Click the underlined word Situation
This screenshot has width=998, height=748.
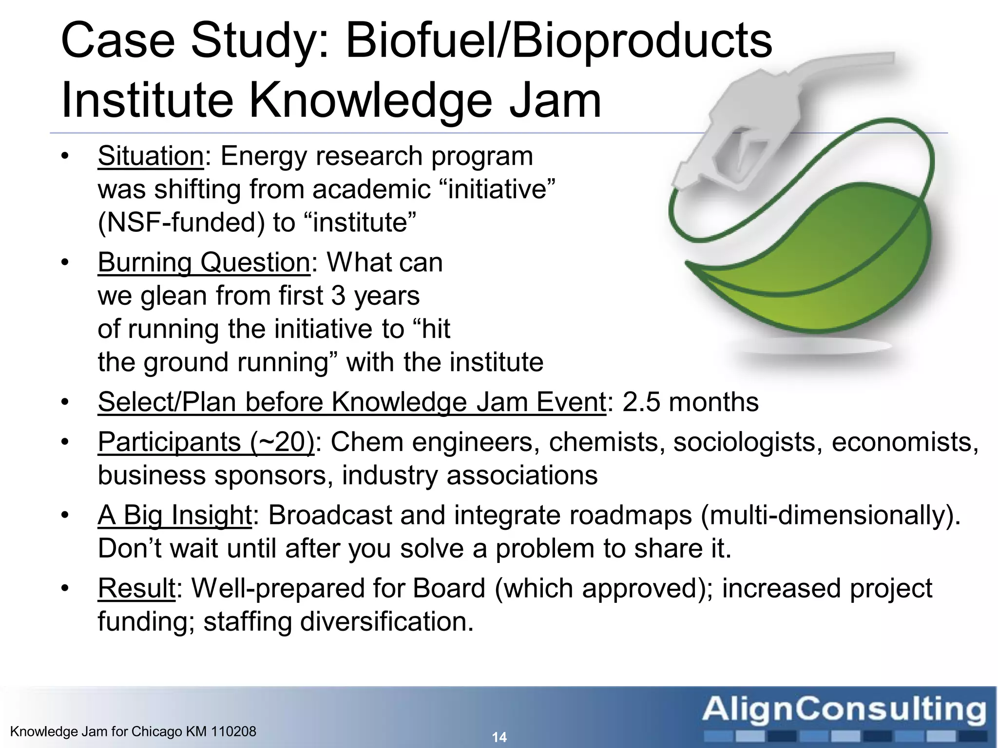pyautogui.click(x=151, y=157)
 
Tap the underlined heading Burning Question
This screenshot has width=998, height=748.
pyautogui.click(x=204, y=263)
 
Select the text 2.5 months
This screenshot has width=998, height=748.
pyautogui.click(x=690, y=403)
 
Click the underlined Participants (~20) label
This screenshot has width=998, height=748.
pyautogui.click(x=206, y=443)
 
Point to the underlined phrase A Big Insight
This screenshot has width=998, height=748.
pyautogui.click(x=174, y=516)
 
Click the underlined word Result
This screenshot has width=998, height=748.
pyautogui.click(x=136, y=589)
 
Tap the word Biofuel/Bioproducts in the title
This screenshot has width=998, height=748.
pyautogui.click(x=558, y=41)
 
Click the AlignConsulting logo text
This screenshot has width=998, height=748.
pyautogui.click(x=844, y=710)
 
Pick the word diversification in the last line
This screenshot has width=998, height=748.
pyautogui.click(x=386, y=622)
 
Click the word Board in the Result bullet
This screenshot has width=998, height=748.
pyautogui.click(x=449, y=589)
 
